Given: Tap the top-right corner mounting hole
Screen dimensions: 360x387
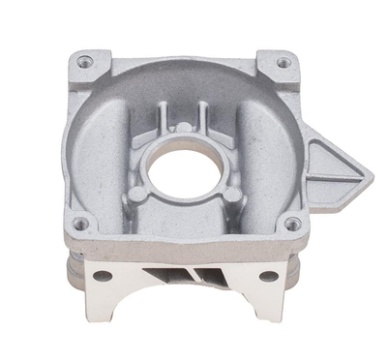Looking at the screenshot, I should tap(283, 63).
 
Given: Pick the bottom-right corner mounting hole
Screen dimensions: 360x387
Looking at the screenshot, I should tap(291, 225).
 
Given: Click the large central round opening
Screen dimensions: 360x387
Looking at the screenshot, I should tap(184, 164).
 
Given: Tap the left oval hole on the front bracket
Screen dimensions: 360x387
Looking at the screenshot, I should tap(105, 275).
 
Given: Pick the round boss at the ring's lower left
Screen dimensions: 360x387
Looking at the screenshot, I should tap(142, 195).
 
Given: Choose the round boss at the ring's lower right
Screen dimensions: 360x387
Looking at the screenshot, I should tap(228, 195).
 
